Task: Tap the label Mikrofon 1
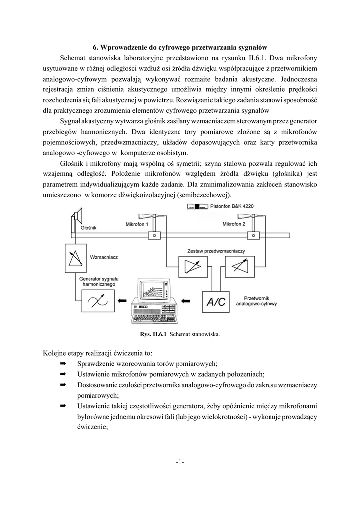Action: coord(137,225)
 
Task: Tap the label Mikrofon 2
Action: coord(234,225)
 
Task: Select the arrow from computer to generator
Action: coord(122,301)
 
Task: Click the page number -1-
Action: coord(180,462)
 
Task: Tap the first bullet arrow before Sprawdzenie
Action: coord(63,364)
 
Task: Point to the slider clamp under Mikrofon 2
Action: coord(253,235)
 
